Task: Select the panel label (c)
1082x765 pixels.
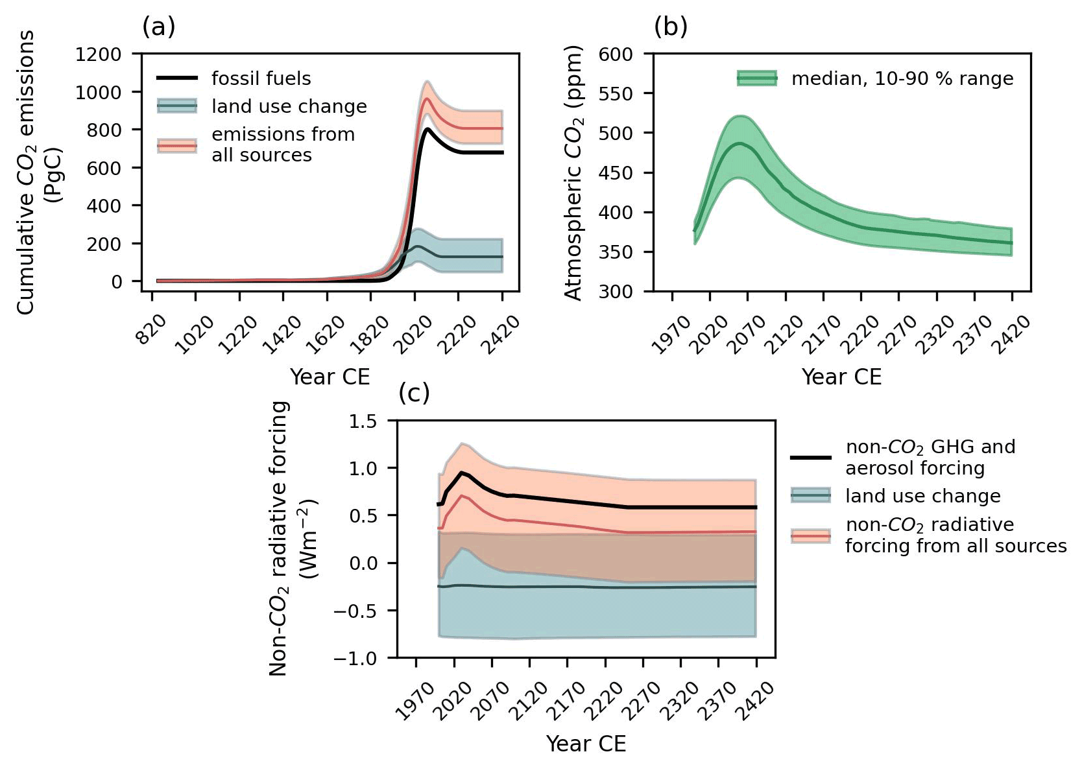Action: point(414,393)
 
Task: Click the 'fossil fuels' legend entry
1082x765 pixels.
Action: point(261,78)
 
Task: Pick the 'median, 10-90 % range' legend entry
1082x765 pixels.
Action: point(902,79)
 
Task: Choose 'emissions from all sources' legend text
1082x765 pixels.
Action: point(283,145)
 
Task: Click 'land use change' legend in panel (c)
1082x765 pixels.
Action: point(922,496)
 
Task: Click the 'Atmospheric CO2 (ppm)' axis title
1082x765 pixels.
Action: point(574,172)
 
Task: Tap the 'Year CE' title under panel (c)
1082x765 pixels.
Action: point(586,744)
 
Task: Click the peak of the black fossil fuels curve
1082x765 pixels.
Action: point(427,129)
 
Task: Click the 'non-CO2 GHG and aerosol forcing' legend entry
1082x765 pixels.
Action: point(930,458)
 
